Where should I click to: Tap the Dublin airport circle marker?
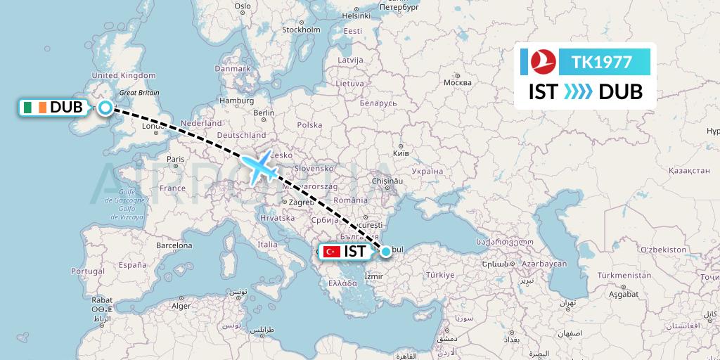click(x=105, y=108)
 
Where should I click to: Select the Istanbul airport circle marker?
click(x=385, y=250)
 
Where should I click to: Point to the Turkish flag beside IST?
click(x=331, y=251)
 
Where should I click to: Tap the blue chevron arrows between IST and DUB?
click(x=579, y=92)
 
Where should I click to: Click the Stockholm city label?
click(x=301, y=30)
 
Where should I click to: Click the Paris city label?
click(x=175, y=160)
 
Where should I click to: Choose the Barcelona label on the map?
click(x=174, y=246)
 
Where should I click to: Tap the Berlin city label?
click(x=264, y=112)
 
